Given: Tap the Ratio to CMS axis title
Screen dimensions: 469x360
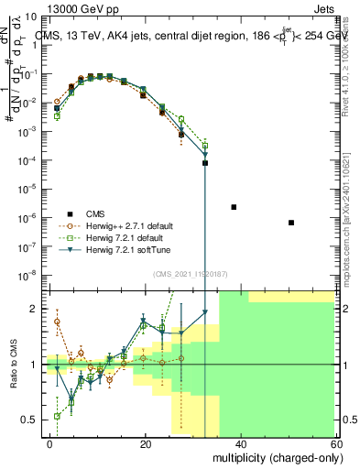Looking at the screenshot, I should [x=12, y=365].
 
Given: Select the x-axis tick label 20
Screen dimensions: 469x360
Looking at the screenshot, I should [x=146, y=443].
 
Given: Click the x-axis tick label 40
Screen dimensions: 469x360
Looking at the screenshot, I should [x=242, y=443].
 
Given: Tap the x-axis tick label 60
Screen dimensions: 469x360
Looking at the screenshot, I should [x=337, y=443].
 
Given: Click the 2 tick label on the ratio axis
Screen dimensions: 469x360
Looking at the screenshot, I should [x=36, y=309].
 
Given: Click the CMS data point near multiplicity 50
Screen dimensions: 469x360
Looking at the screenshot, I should [x=290, y=223].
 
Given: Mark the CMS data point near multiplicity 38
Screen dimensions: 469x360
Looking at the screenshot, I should [x=234, y=207].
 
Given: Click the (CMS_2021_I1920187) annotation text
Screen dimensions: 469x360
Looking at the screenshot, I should [x=191, y=274].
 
